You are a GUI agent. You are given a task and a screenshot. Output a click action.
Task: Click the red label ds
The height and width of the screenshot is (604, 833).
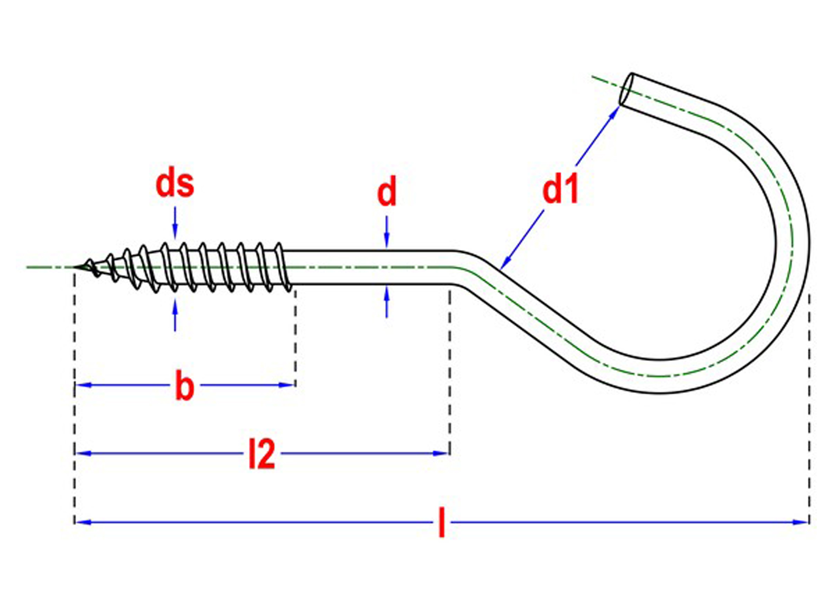[x=175, y=184]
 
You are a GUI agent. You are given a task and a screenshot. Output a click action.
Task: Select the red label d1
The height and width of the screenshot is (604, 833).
[x=560, y=190]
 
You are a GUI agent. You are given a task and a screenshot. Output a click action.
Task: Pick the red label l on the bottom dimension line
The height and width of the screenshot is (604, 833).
[x=442, y=523]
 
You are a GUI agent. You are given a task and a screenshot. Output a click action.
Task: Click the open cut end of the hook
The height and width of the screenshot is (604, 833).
[x=626, y=89]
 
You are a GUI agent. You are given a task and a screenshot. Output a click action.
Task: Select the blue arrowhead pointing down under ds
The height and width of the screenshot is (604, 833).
[x=175, y=232]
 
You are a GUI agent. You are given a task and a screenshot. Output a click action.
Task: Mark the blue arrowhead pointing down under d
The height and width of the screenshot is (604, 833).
[x=387, y=241]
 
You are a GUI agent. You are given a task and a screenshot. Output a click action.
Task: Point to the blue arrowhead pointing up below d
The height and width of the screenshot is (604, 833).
[x=387, y=294]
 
